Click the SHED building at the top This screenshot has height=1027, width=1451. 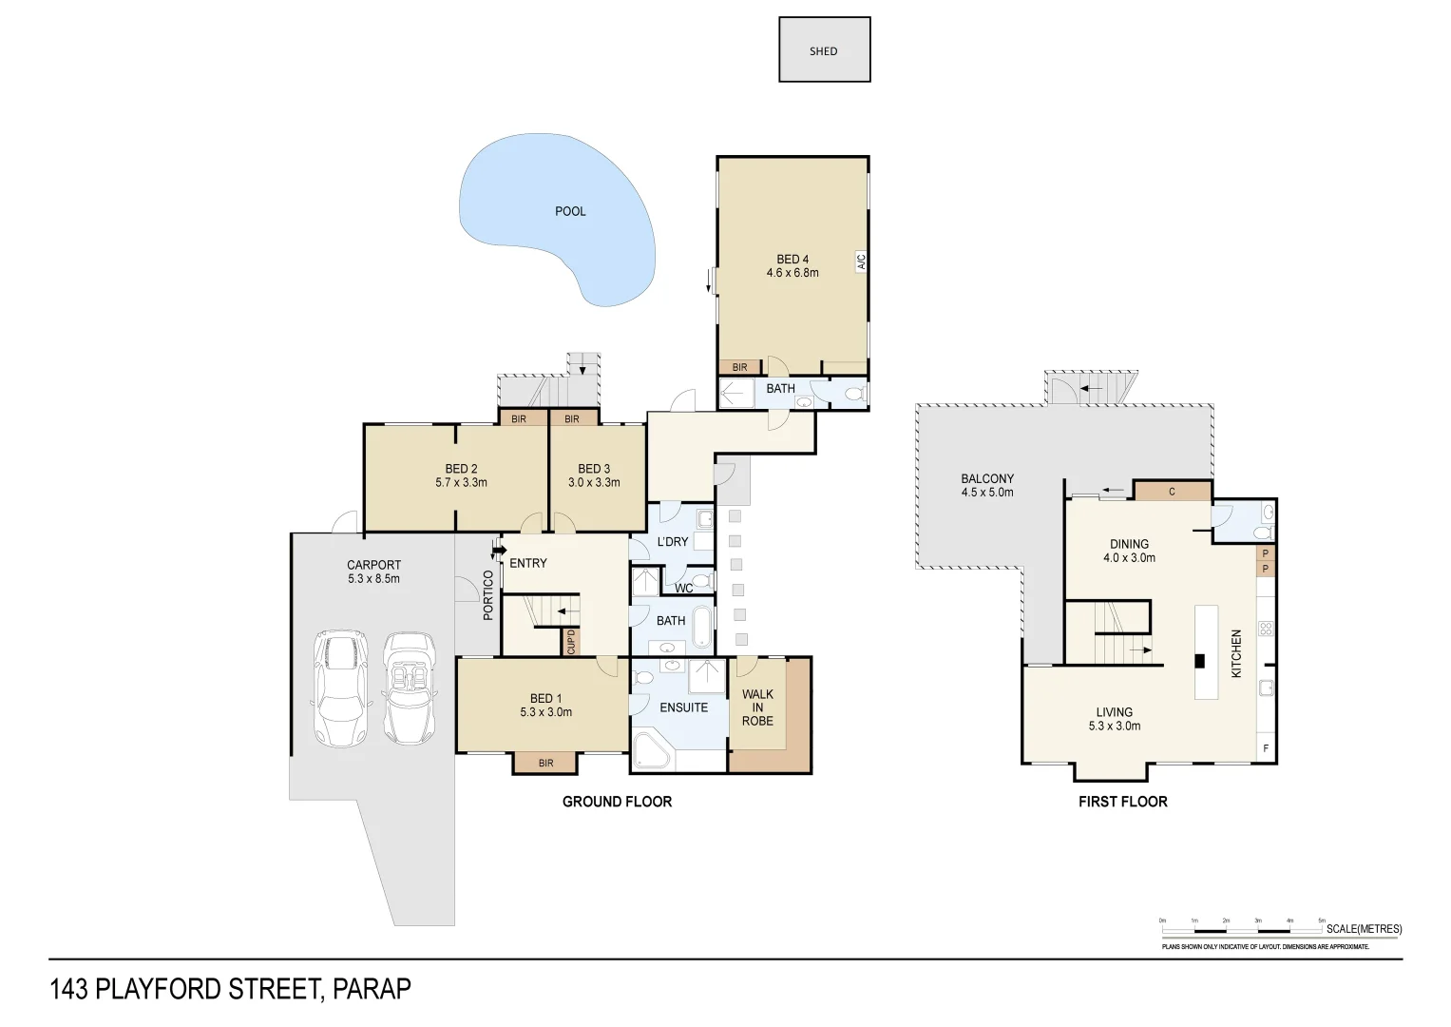[x=824, y=50]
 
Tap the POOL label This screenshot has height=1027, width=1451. [x=570, y=211]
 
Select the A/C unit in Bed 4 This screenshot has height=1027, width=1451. [x=862, y=262]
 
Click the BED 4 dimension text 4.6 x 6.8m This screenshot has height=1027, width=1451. [x=792, y=273]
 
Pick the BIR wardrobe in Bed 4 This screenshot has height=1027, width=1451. [x=739, y=367]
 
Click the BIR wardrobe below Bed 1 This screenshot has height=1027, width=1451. [x=545, y=763]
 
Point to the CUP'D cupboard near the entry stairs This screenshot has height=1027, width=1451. [x=571, y=642]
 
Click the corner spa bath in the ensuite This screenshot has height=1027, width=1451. [x=652, y=751]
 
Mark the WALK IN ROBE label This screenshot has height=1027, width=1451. [x=757, y=707]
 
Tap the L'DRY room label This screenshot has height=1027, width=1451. [x=673, y=542]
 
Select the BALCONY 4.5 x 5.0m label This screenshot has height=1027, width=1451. [x=987, y=486]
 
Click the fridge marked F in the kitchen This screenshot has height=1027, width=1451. [x=1266, y=748]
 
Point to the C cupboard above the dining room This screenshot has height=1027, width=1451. [x=1173, y=492]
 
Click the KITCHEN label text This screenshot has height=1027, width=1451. [x=1236, y=653]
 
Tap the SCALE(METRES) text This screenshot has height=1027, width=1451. [x=1364, y=929]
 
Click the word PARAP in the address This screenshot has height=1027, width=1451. [x=372, y=989]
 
